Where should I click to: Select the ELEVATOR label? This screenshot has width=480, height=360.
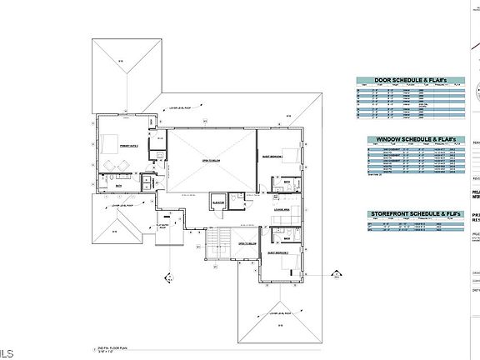click(220, 202)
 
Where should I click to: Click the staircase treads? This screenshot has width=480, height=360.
click(216, 246)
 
